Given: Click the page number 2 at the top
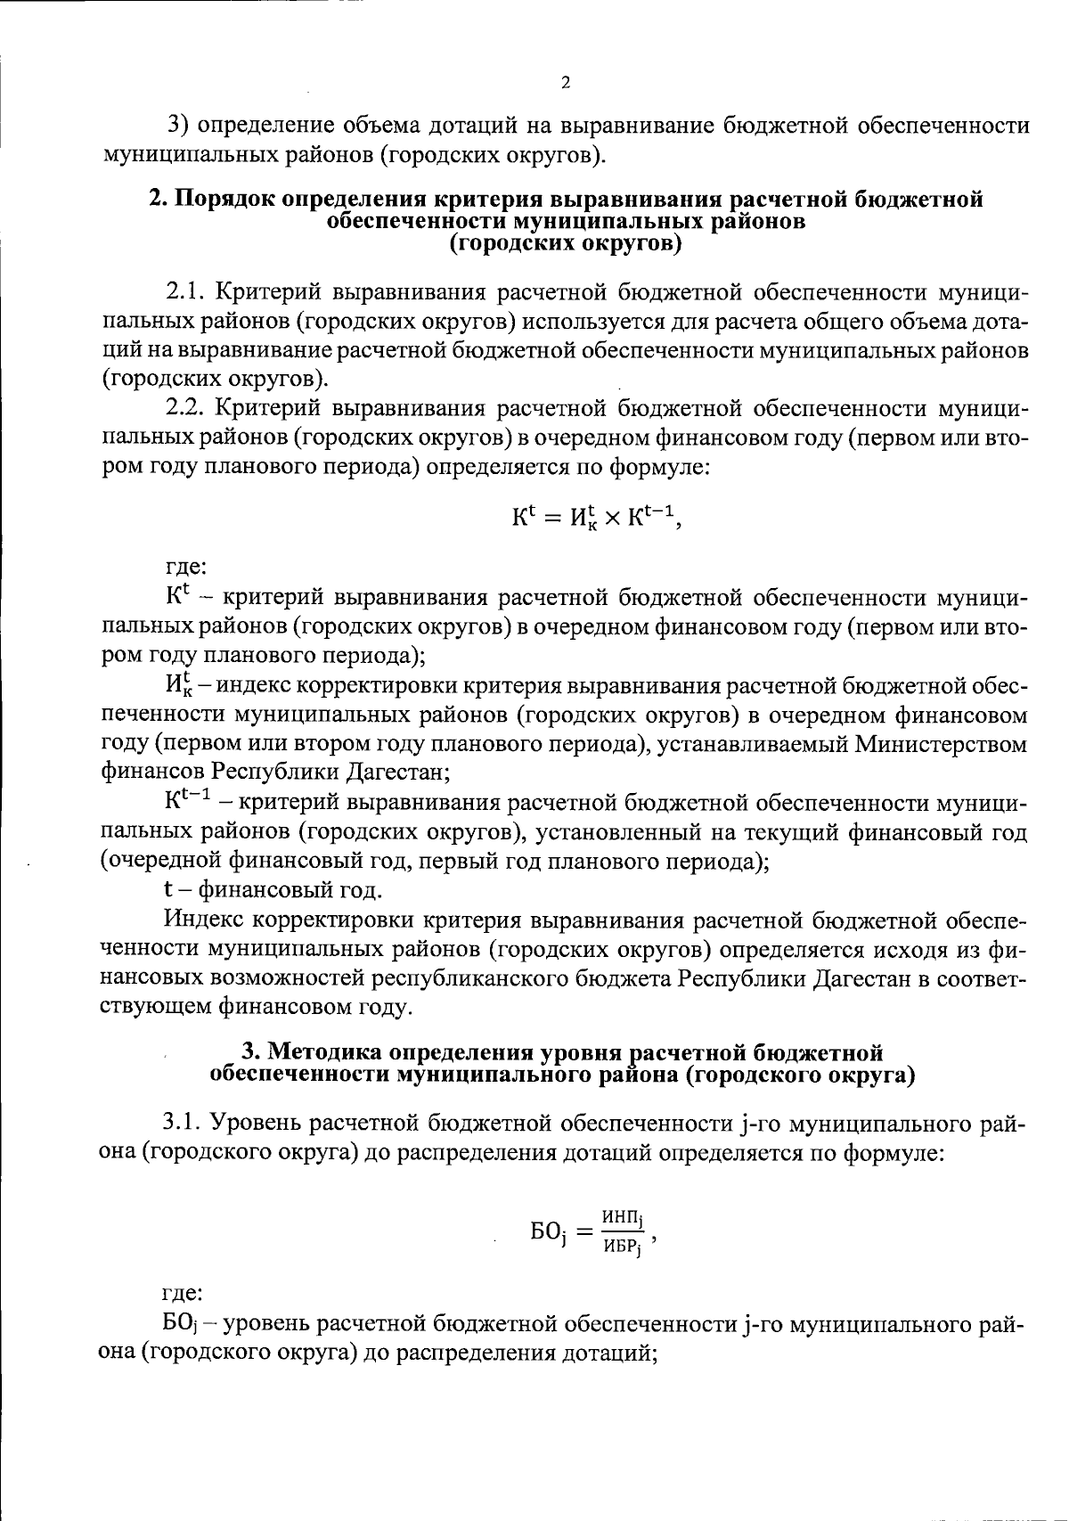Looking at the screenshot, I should click(565, 84).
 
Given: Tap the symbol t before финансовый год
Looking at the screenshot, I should click(167, 889).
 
